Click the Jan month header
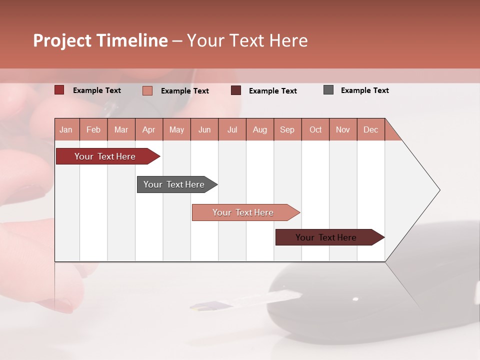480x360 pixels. (x=66, y=129)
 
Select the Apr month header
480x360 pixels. (x=148, y=129)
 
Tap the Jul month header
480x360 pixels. (x=232, y=129)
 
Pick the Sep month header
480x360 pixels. (x=287, y=129)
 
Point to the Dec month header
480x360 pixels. (x=370, y=129)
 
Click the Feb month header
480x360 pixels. (x=93, y=129)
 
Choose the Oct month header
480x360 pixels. (x=315, y=129)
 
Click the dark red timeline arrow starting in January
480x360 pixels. (x=105, y=156)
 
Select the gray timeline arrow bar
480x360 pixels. (x=174, y=184)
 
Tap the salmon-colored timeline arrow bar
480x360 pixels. (x=243, y=212)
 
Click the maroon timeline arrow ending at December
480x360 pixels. (x=326, y=237)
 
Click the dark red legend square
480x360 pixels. (x=59, y=90)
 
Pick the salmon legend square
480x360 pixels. (x=147, y=90)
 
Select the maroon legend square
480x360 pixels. (x=236, y=90)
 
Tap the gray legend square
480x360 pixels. (x=328, y=90)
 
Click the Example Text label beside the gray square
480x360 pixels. (x=364, y=90)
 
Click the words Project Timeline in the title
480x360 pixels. (x=100, y=40)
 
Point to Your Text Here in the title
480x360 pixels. (x=247, y=40)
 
